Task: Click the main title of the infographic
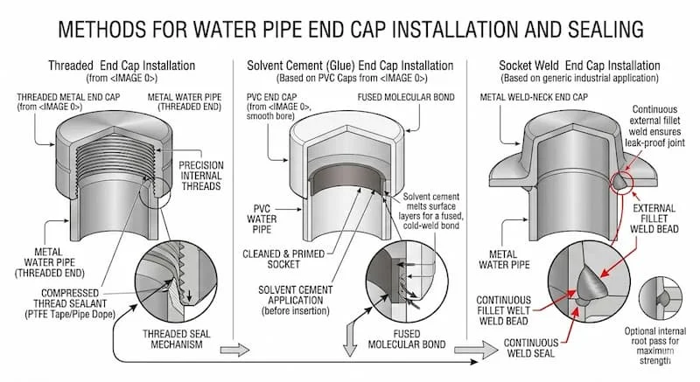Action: pos(350,29)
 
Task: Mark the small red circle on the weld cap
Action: pos(622,178)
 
